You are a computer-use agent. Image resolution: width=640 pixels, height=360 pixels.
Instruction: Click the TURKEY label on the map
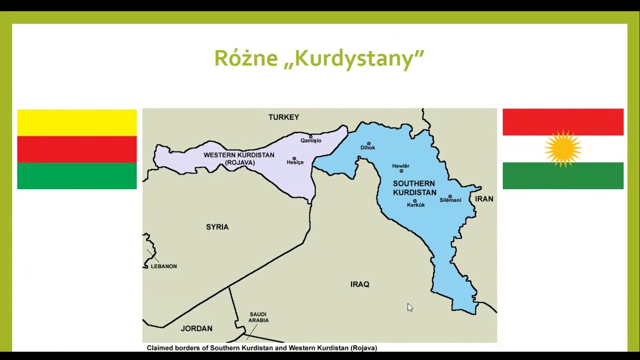pyautogui.click(x=283, y=117)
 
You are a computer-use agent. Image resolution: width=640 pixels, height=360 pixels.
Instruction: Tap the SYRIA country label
pyautogui.click(x=217, y=227)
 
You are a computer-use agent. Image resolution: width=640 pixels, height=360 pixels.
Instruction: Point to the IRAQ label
pyautogui.click(x=359, y=284)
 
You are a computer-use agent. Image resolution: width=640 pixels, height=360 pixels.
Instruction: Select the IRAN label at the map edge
pyautogui.click(x=484, y=199)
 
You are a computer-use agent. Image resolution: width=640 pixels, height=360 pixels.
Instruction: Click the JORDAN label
pyautogui.click(x=196, y=328)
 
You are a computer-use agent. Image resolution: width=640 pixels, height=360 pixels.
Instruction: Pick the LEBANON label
pyautogui.click(x=163, y=266)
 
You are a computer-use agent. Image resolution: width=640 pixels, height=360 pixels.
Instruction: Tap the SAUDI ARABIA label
pyautogui.click(x=258, y=317)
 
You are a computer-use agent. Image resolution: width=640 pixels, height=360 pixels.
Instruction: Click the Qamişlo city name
pyautogui.click(x=310, y=140)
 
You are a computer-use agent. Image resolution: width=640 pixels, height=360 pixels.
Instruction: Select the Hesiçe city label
pyautogui.click(x=295, y=162)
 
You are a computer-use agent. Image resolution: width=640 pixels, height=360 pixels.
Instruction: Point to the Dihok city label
pyautogui.click(x=367, y=147)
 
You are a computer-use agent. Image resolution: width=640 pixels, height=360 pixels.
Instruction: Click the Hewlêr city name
pyautogui.click(x=400, y=166)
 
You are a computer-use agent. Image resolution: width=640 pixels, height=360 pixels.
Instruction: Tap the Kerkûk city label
pyautogui.click(x=415, y=205)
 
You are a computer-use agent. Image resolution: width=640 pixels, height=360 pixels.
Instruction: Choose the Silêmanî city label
pyautogui.click(x=450, y=200)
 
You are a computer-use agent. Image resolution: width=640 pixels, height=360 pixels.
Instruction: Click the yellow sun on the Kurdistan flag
pyautogui.click(x=563, y=149)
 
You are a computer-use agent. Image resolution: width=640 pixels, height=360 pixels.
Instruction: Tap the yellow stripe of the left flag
pyautogui.click(x=76, y=122)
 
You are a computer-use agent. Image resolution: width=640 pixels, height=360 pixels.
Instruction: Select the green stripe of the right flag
pyautogui.click(x=563, y=175)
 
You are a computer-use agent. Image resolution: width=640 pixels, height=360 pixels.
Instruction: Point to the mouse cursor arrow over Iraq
pyautogui.click(x=409, y=307)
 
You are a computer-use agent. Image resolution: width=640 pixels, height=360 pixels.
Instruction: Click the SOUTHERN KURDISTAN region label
pyautogui.click(x=414, y=188)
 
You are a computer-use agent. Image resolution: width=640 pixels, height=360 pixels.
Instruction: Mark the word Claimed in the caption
pyautogui.click(x=160, y=348)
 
